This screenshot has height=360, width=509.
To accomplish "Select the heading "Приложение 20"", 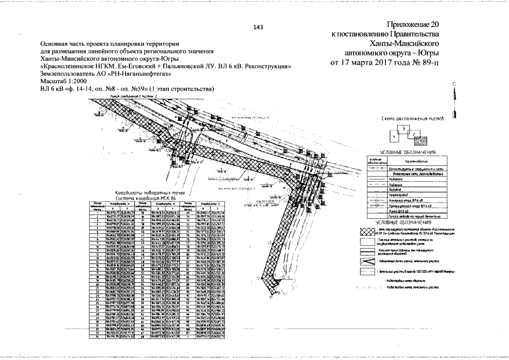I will click(412, 25).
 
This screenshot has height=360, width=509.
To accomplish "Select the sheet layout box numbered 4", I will click(396, 136).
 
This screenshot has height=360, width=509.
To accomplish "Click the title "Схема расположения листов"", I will click(413, 119).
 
